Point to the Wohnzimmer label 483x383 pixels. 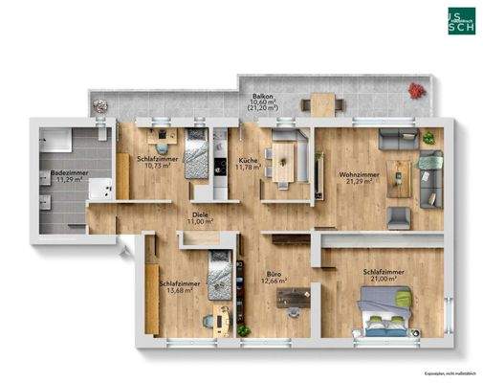click(355, 174)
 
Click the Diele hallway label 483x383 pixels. click(200, 214)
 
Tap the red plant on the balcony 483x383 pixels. click(416, 90)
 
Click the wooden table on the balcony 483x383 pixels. click(319, 101)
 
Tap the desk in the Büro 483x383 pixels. click(294, 299)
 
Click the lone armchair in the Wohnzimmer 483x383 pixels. click(399, 216)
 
